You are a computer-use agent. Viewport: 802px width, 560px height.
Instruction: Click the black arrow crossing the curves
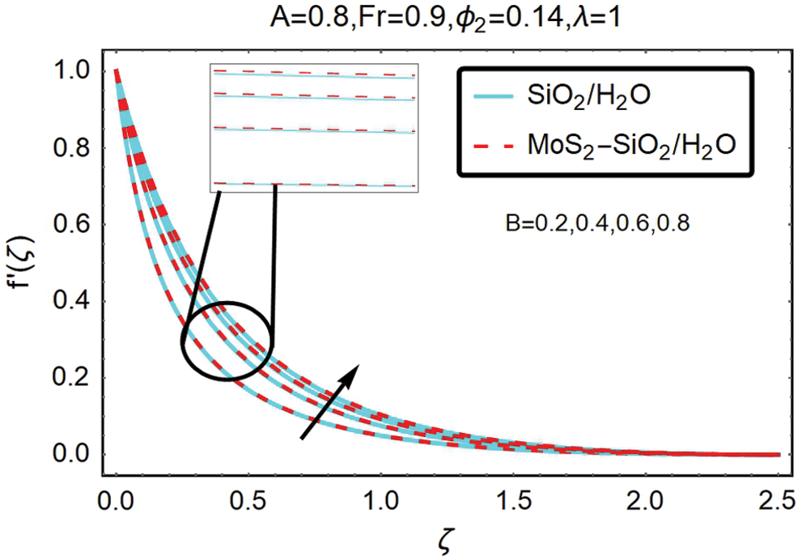coord(329,402)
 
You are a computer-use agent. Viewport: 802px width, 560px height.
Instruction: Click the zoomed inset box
coord(313,128)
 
